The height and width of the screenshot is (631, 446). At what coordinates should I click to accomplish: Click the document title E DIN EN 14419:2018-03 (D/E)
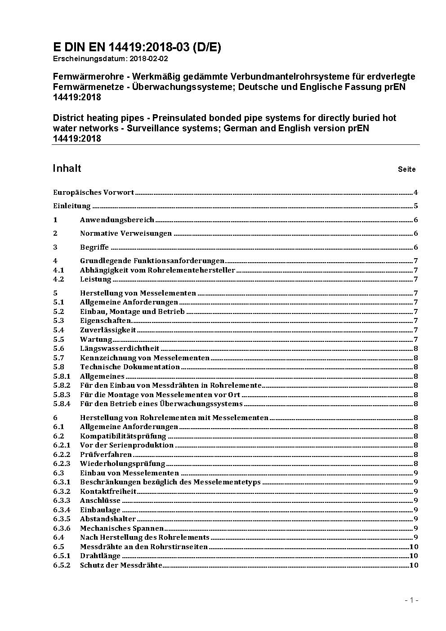click(137, 48)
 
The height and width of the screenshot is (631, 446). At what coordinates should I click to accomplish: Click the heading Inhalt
click(67, 168)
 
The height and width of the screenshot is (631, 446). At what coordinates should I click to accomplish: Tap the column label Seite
click(406, 170)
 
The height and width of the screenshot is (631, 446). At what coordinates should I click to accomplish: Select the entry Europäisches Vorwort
click(94, 192)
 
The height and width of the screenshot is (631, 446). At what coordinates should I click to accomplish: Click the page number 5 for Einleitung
click(416, 206)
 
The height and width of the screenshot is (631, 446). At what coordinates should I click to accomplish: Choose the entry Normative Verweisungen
click(126, 233)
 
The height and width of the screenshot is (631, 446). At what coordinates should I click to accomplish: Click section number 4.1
click(58, 270)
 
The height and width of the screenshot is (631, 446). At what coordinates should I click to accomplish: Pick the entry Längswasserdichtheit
click(120, 348)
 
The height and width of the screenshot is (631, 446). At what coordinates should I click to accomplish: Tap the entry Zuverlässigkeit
click(108, 330)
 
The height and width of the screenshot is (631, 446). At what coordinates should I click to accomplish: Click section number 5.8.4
click(62, 403)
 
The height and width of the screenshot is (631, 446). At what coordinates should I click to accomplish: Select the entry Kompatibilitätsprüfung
click(123, 436)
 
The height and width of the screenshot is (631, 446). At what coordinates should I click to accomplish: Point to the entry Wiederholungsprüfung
click(123, 463)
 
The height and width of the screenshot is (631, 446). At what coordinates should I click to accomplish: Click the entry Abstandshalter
click(108, 519)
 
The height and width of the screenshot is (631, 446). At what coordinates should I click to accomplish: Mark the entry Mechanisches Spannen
click(122, 528)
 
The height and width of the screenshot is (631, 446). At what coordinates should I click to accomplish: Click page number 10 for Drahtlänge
click(414, 556)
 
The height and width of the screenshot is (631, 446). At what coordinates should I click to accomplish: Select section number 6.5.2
click(62, 565)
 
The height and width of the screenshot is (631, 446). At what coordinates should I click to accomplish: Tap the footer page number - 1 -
click(411, 600)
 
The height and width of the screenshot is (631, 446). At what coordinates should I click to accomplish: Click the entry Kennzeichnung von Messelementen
click(145, 358)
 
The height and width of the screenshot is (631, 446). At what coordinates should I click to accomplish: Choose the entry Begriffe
click(94, 247)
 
